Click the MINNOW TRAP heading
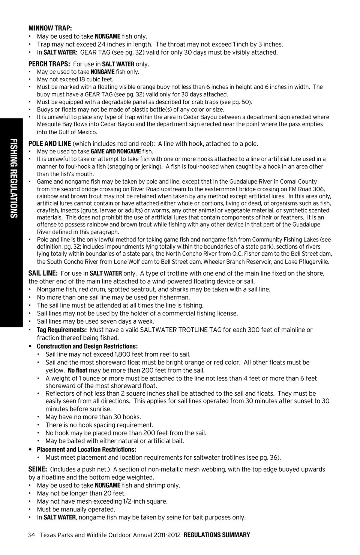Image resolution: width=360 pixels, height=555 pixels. pos(50,28)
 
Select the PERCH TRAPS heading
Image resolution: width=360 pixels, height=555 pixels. pos(49,64)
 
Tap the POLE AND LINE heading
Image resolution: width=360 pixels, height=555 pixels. pos(49,144)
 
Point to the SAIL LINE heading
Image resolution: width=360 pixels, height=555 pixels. pos(43,273)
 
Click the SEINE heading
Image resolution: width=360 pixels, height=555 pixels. pos(37,469)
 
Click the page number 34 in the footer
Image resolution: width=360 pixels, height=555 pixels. pos(31,535)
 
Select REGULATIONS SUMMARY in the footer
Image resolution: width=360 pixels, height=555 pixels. pos(217,535)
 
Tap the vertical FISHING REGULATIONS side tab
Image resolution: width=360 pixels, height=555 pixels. pos(13,178)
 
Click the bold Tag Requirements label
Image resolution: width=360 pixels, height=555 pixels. pos(62,330)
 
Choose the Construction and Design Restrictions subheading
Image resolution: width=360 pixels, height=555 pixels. pos(87,346)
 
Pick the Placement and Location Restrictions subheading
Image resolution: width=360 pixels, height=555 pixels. pos(86,450)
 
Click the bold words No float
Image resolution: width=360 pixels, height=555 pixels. pos(78,370)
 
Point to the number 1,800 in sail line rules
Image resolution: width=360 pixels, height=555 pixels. pos(122,354)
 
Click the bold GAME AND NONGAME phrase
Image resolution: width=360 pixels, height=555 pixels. pos(116,151)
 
